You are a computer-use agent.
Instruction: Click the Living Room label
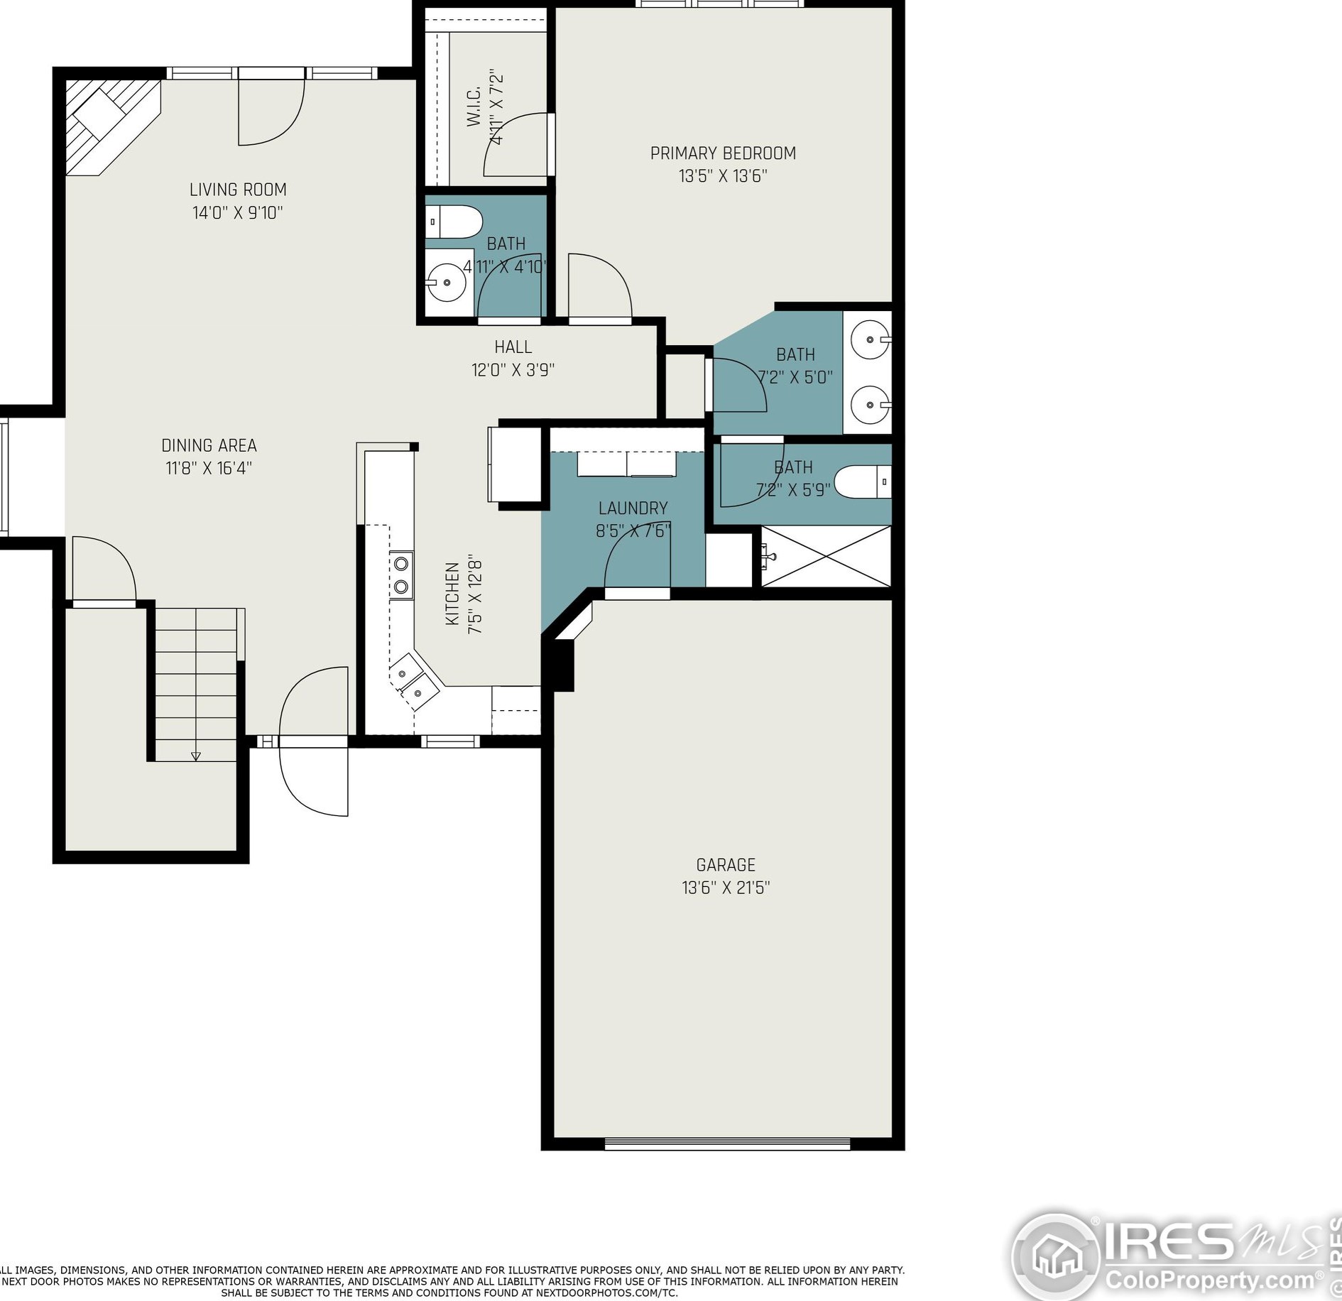point(238,190)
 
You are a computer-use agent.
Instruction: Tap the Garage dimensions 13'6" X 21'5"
point(726,888)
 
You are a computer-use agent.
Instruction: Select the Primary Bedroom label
point(723,153)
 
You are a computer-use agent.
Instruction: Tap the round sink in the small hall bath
point(447,283)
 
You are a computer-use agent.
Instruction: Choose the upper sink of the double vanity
point(870,339)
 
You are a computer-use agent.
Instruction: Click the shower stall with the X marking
point(826,556)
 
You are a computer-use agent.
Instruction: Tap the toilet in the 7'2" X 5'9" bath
point(863,482)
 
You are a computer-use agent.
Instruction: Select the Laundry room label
point(633,508)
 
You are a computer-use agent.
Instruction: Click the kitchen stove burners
point(401,575)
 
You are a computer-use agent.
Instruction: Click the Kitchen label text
point(452,594)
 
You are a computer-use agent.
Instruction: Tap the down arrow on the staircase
point(196,756)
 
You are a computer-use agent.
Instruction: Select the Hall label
point(513,347)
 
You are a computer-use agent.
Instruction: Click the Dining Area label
point(209,445)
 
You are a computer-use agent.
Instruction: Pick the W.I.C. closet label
point(474,107)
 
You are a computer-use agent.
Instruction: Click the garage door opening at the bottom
point(727,1143)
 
